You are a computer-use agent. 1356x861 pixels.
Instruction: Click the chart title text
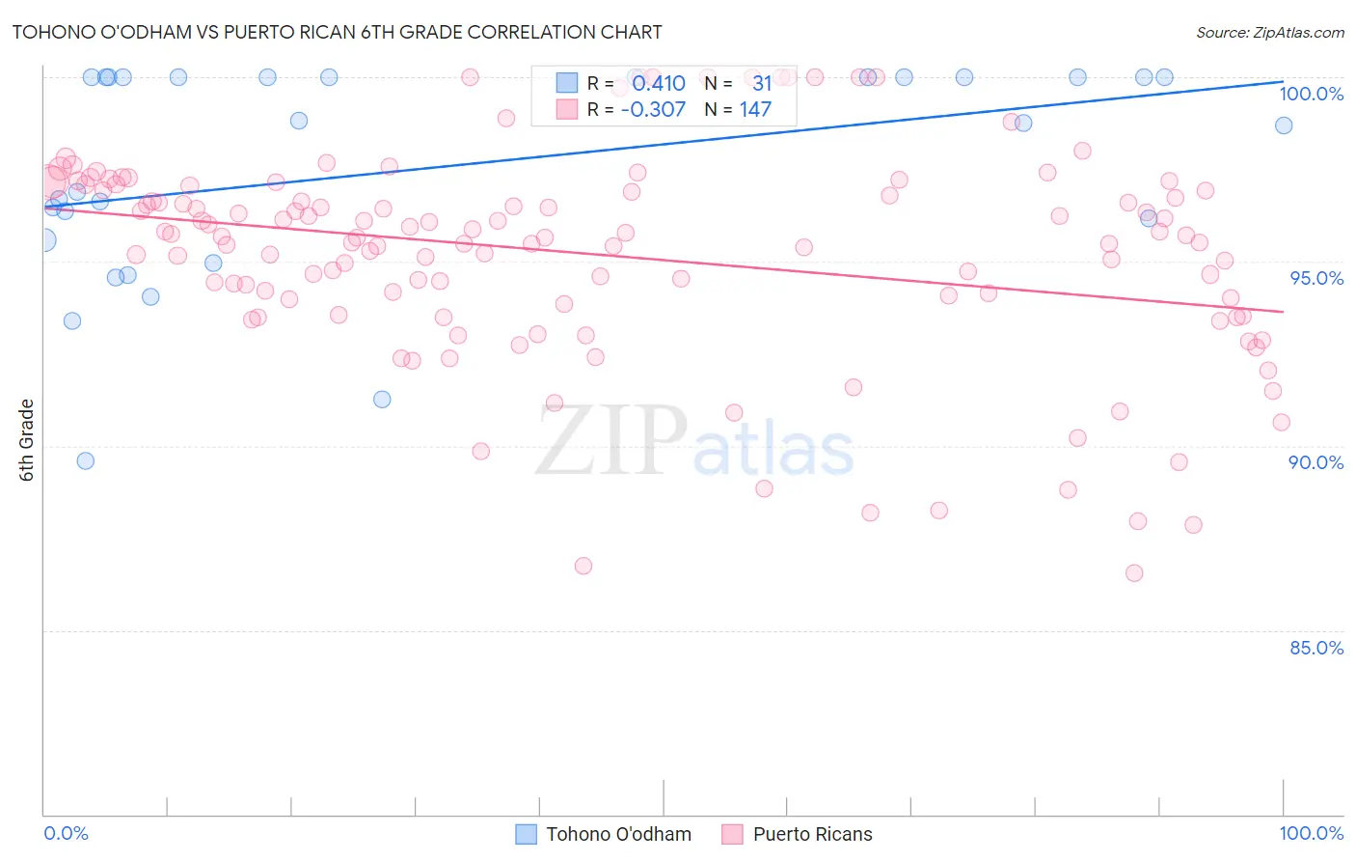point(337,32)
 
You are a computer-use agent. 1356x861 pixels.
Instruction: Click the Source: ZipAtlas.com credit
point(1269,32)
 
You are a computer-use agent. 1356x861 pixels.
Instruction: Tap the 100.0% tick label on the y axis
point(1311,94)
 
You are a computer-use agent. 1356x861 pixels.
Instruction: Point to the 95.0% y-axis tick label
point(1316,278)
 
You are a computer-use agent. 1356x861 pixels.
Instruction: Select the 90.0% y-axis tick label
point(1316,462)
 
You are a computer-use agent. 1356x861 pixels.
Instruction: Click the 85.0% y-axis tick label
point(1316,648)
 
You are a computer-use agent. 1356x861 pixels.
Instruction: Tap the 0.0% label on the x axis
point(66,833)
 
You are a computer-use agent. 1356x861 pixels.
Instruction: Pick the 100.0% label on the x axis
point(1311,833)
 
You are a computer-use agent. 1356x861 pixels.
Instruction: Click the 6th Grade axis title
point(27,440)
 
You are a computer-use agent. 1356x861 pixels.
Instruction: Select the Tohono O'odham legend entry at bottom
point(604,834)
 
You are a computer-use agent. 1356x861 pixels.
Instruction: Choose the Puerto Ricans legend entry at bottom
point(798,834)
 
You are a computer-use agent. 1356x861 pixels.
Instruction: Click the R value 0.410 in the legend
point(659,83)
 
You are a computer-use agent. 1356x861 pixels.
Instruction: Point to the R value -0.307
point(653,109)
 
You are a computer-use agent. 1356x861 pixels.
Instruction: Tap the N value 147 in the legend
point(755,109)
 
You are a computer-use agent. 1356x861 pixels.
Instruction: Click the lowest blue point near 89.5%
point(86,460)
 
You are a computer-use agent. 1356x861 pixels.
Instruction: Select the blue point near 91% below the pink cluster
point(382,399)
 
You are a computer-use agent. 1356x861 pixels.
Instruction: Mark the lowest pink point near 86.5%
point(1134,572)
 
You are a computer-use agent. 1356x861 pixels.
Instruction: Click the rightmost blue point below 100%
point(1283,125)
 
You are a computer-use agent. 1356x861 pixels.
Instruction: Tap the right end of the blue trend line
point(1283,82)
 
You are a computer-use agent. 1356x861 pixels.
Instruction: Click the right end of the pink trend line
point(1283,311)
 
